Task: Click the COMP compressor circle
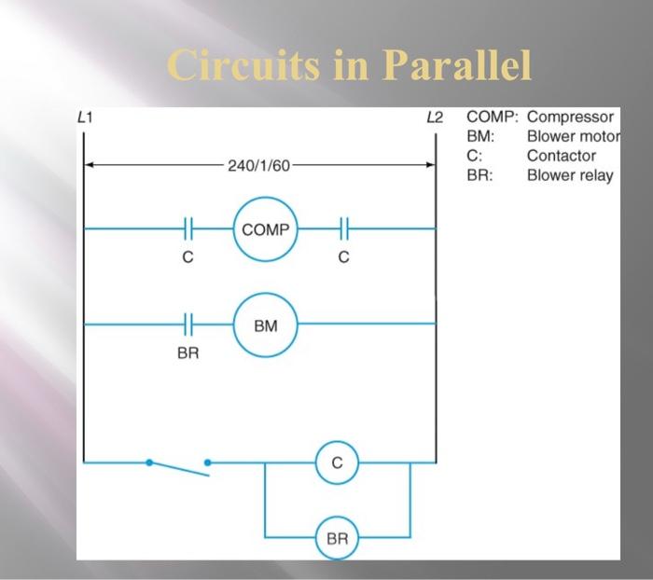click(266, 228)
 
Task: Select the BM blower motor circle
click(266, 325)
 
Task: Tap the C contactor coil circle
click(337, 462)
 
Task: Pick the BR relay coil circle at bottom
click(337, 538)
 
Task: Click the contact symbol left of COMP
click(188, 228)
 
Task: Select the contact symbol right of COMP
click(344, 228)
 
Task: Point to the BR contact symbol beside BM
click(188, 325)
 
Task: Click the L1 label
click(86, 117)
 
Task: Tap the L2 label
click(434, 117)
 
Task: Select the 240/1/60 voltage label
click(258, 166)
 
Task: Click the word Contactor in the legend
click(561, 156)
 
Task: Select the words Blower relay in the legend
click(570, 174)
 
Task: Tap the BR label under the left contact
click(188, 355)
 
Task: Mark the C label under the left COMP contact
click(188, 259)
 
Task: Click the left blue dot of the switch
click(147, 461)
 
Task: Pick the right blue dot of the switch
click(208, 461)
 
